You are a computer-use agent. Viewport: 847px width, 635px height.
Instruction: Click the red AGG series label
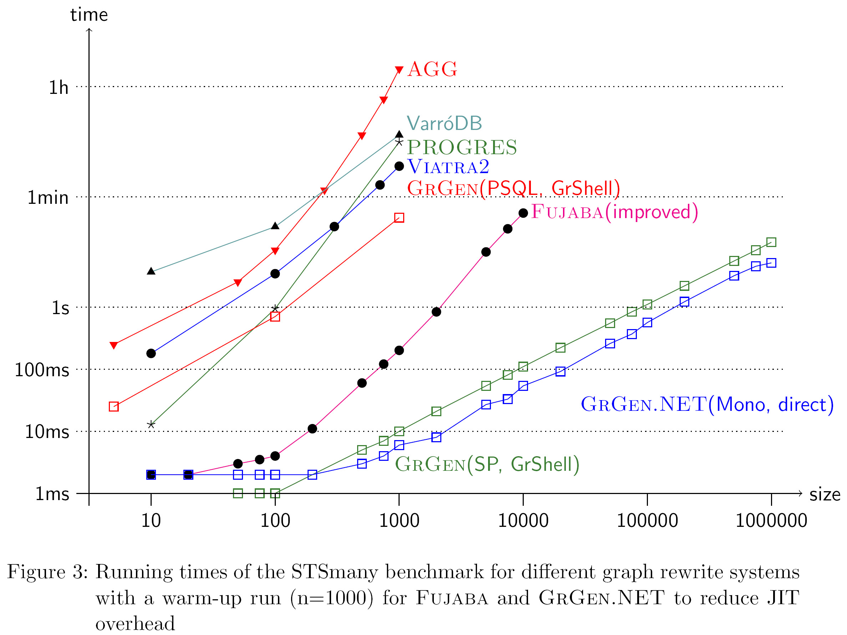(x=432, y=69)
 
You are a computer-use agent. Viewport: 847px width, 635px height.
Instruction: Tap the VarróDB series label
(x=444, y=123)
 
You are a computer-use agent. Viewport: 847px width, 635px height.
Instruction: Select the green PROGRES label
(x=462, y=147)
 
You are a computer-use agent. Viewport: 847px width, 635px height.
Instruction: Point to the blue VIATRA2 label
(x=448, y=167)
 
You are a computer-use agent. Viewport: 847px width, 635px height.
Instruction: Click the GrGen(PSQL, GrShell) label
(x=513, y=188)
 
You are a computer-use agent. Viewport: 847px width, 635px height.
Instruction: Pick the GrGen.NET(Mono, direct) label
(x=707, y=404)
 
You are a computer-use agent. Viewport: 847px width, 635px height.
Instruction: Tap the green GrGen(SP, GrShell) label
(x=487, y=464)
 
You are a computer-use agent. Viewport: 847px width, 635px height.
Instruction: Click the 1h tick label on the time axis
(x=58, y=88)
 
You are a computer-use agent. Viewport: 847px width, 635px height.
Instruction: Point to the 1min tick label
(x=48, y=198)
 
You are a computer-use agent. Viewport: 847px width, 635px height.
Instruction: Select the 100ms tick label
(x=42, y=370)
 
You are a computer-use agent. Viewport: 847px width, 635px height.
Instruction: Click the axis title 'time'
(x=89, y=15)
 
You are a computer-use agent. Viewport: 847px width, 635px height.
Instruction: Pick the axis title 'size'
(x=825, y=494)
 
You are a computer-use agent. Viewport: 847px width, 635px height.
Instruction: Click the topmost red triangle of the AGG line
(x=399, y=70)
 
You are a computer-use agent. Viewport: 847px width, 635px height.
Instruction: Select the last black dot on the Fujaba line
(x=523, y=213)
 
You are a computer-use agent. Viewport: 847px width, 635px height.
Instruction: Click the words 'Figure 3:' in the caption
(x=47, y=572)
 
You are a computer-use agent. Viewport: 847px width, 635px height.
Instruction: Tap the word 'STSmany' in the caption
(x=335, y=572)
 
